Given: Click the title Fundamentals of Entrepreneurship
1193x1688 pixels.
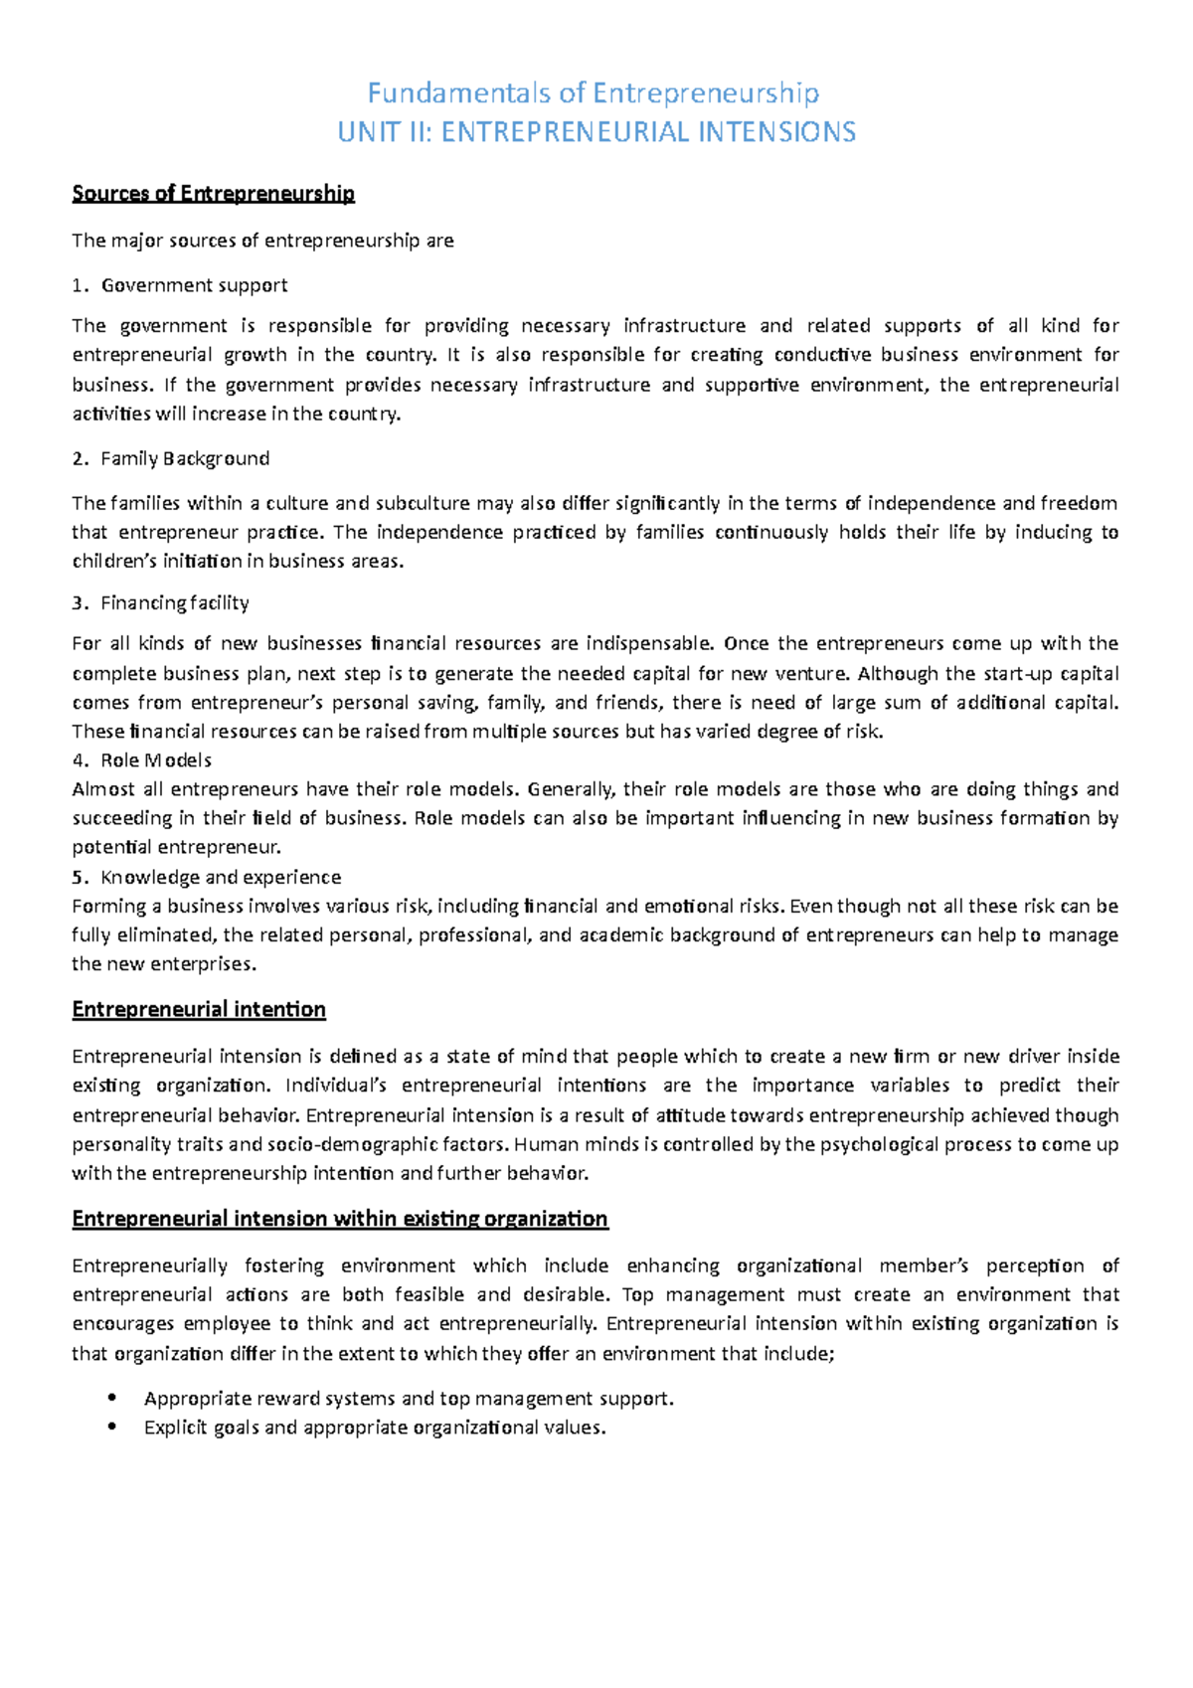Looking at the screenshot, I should [594, 93].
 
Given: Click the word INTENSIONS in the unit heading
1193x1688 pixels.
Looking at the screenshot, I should [778, 132].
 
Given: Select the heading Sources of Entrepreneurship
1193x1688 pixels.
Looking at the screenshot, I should [213, 194].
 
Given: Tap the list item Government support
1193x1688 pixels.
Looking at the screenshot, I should [194, 285].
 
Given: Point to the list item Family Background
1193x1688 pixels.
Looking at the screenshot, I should [185, 458].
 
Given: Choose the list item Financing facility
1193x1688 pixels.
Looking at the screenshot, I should [175, 602].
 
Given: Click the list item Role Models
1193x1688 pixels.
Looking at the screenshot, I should [156, 760].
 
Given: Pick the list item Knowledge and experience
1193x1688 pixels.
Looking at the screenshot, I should [221, 877].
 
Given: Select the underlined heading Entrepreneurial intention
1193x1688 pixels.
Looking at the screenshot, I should [199, 1010].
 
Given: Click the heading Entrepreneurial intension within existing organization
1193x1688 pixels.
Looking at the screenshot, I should [340, 1219].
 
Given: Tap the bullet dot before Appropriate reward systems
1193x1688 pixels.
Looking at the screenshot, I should [110, 1398].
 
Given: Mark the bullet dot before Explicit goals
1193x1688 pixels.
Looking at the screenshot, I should [110, 1427].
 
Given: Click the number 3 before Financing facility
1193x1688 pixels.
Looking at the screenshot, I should [78, 602].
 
